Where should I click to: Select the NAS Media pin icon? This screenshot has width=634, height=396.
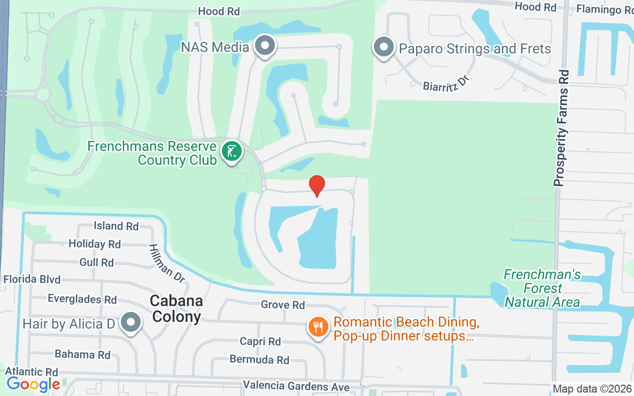click(x=265, y=46)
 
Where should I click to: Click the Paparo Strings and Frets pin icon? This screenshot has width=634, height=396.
click(x=383, y=48)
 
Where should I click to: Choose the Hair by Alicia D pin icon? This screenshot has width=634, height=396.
click(x=131, y=322)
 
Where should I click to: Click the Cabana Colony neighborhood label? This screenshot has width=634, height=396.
click(x=176, y=308)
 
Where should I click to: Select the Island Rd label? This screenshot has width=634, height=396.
click(x=116, y=226)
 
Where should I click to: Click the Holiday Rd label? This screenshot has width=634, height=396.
click(x=95, y=244)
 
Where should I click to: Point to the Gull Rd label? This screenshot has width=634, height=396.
click(x=97, y=262)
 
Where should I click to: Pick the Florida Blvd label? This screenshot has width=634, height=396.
click(x=32, y=279)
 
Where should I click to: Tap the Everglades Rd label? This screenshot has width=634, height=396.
click(x=82, y=299)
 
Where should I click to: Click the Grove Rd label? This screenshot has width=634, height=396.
click(x=283, y=305)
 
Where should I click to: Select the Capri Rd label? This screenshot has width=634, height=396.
click(x=260, y=342)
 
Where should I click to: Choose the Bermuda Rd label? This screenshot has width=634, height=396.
click(x=260, y=360)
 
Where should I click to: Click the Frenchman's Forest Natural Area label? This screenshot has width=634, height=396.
click(x=542, y=288)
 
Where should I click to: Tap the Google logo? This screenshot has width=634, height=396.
click(x=34, y=384)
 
